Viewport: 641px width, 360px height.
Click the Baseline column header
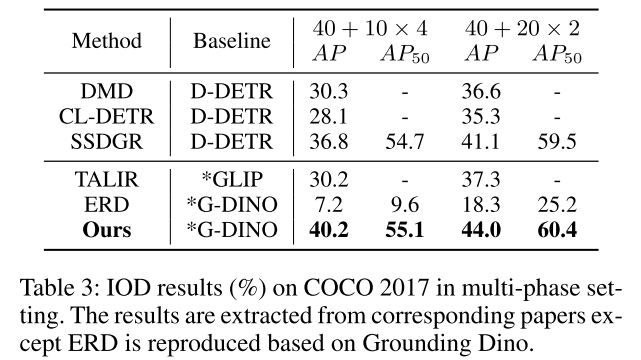point(231,41)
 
